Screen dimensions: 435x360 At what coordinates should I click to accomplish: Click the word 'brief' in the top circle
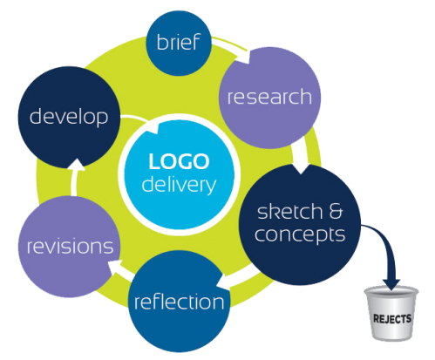178,42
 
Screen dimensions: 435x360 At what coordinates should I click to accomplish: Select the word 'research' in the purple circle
269,97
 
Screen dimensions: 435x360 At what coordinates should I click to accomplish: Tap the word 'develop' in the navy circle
69,117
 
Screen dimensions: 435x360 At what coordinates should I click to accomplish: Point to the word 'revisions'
70,247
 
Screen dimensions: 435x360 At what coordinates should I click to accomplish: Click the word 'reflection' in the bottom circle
179,302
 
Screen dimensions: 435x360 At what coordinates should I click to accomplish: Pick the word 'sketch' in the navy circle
289,211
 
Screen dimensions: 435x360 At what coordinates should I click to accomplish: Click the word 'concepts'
300,234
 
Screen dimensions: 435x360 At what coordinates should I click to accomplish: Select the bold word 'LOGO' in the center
179,161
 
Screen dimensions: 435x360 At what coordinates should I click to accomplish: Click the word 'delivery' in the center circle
179,184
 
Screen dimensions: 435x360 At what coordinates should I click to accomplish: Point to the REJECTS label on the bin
392,319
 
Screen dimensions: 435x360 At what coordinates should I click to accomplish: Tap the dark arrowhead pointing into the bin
391,284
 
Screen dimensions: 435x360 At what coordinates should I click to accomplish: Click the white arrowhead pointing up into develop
76,165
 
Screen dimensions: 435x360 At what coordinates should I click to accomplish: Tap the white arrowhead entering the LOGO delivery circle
153,129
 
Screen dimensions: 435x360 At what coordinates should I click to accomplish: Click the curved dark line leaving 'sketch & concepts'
384,244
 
